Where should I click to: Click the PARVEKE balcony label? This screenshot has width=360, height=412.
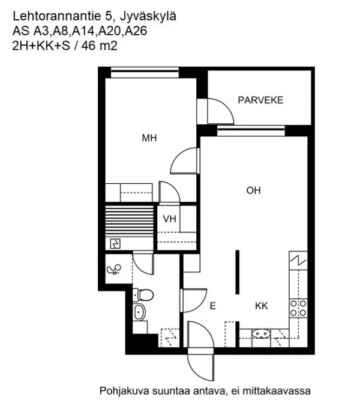point(260,100)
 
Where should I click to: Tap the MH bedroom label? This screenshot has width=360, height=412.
point(149,138)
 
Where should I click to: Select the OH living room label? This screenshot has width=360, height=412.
point(253,190)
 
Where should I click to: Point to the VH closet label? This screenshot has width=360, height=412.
point(169,219)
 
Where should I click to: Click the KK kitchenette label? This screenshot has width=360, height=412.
point(262,306)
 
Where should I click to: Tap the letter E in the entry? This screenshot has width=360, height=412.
point(212,306)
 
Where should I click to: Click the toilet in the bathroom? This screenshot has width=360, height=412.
point(143,294)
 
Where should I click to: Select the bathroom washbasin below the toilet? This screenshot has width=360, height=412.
point(139,312)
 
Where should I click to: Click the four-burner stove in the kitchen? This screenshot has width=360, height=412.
point(298,308)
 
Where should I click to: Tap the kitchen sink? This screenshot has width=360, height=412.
point(261,334)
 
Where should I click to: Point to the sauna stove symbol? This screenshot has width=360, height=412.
point(115,244)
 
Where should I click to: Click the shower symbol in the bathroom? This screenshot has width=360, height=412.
point(114,270)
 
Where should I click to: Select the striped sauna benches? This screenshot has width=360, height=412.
point(129,221)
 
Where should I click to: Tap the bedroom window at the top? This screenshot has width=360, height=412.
point(145,72)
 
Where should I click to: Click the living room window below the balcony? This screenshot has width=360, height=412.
point(251,130)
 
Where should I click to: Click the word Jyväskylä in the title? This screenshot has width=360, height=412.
point(148,17)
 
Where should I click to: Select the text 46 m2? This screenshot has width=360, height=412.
point(99,46)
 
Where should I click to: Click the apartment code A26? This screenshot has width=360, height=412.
point(136,31)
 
